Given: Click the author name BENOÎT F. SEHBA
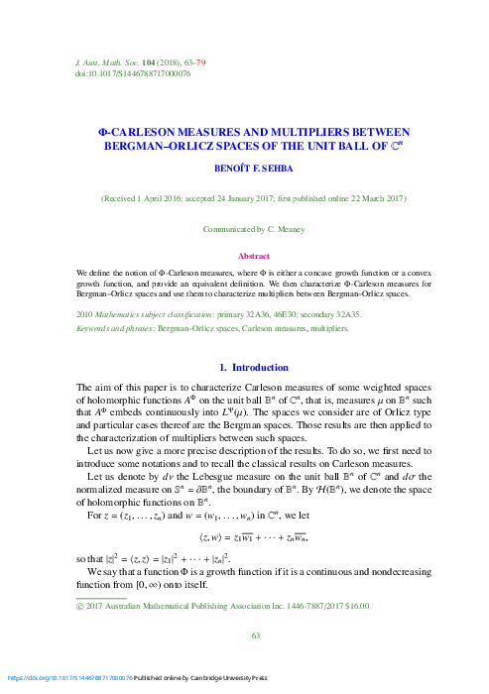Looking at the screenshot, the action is (x=244, y=170).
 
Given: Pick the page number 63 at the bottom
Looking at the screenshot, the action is (x=244, y=635).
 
